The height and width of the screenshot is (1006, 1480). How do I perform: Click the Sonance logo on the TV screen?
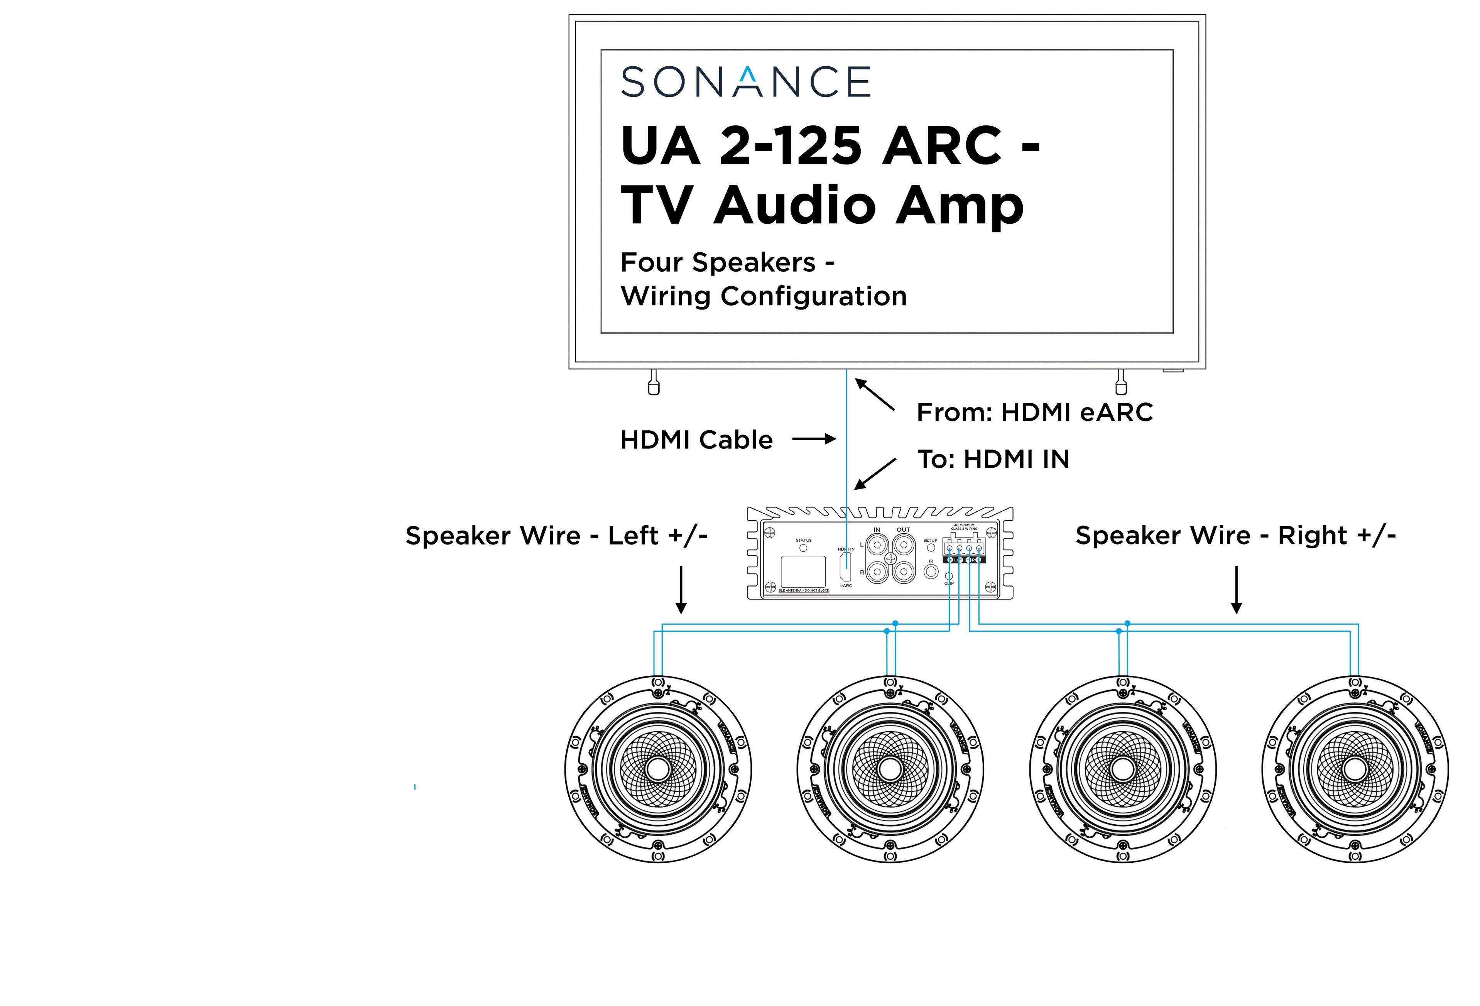(745, 81)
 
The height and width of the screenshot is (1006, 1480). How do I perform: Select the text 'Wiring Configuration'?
(764, 296)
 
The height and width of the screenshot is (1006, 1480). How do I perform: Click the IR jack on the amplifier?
(931, 571)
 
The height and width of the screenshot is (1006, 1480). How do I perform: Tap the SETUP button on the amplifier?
(931, 547)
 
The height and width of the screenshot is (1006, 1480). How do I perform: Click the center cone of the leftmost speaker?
(658, 769)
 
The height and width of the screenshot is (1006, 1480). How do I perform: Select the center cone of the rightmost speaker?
(1355, 769)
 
